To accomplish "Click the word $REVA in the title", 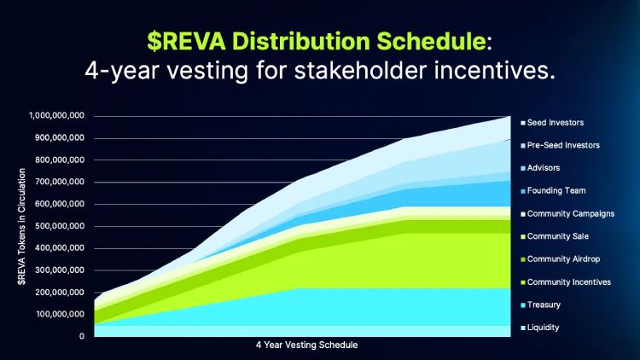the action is coord(187,41).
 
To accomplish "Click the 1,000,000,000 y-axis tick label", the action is coord(56,116).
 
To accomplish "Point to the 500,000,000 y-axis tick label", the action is coord(60,226).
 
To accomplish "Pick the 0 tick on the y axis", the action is coord(82,336).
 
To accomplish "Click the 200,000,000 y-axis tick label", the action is coord(60,293).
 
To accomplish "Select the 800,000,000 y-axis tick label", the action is coord(60,160).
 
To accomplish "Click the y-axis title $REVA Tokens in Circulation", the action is coord(21,227).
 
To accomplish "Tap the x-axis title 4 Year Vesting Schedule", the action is coord(307,345).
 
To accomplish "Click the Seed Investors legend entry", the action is coord(552,123).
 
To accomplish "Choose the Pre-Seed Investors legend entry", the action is coord(561,145).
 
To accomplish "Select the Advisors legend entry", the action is coord(540,168).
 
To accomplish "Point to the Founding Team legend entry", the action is coord(554,190).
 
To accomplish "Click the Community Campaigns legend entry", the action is coord(567,214).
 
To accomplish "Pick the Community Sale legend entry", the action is coord(556,236).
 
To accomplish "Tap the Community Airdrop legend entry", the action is coord(561,259).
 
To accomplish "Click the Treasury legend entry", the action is coord(541,305).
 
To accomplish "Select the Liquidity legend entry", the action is coord(540,328).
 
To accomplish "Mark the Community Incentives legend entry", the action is coord(566,282).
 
